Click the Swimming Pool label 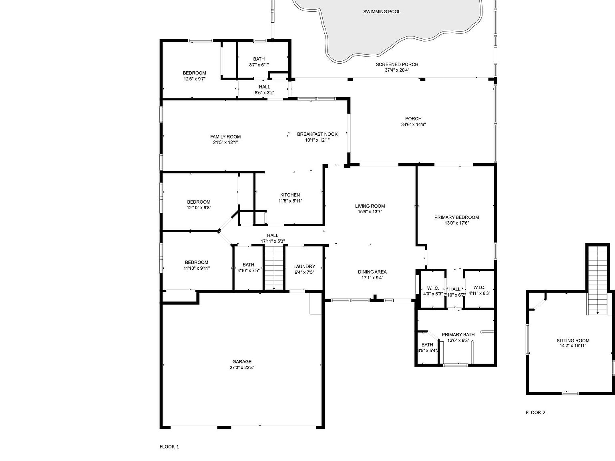point(382,12)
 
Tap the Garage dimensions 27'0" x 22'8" point(242,367)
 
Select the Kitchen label point(290,195)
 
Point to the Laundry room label point(304,267)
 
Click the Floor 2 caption point(535,413)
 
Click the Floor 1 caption point(169,447)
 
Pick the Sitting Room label point(573,341)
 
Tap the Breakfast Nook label point(317,134)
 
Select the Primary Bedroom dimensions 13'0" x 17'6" point(456,223)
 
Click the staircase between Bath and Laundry point(274,267)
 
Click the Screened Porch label point(397,64)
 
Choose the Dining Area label point(372,272)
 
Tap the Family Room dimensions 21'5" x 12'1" point(225,142)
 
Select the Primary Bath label point(458,335)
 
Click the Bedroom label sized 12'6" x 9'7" point(195,73)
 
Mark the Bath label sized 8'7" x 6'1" point(259,59)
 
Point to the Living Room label point(370,206)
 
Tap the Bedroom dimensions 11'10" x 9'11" point(197,268)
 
